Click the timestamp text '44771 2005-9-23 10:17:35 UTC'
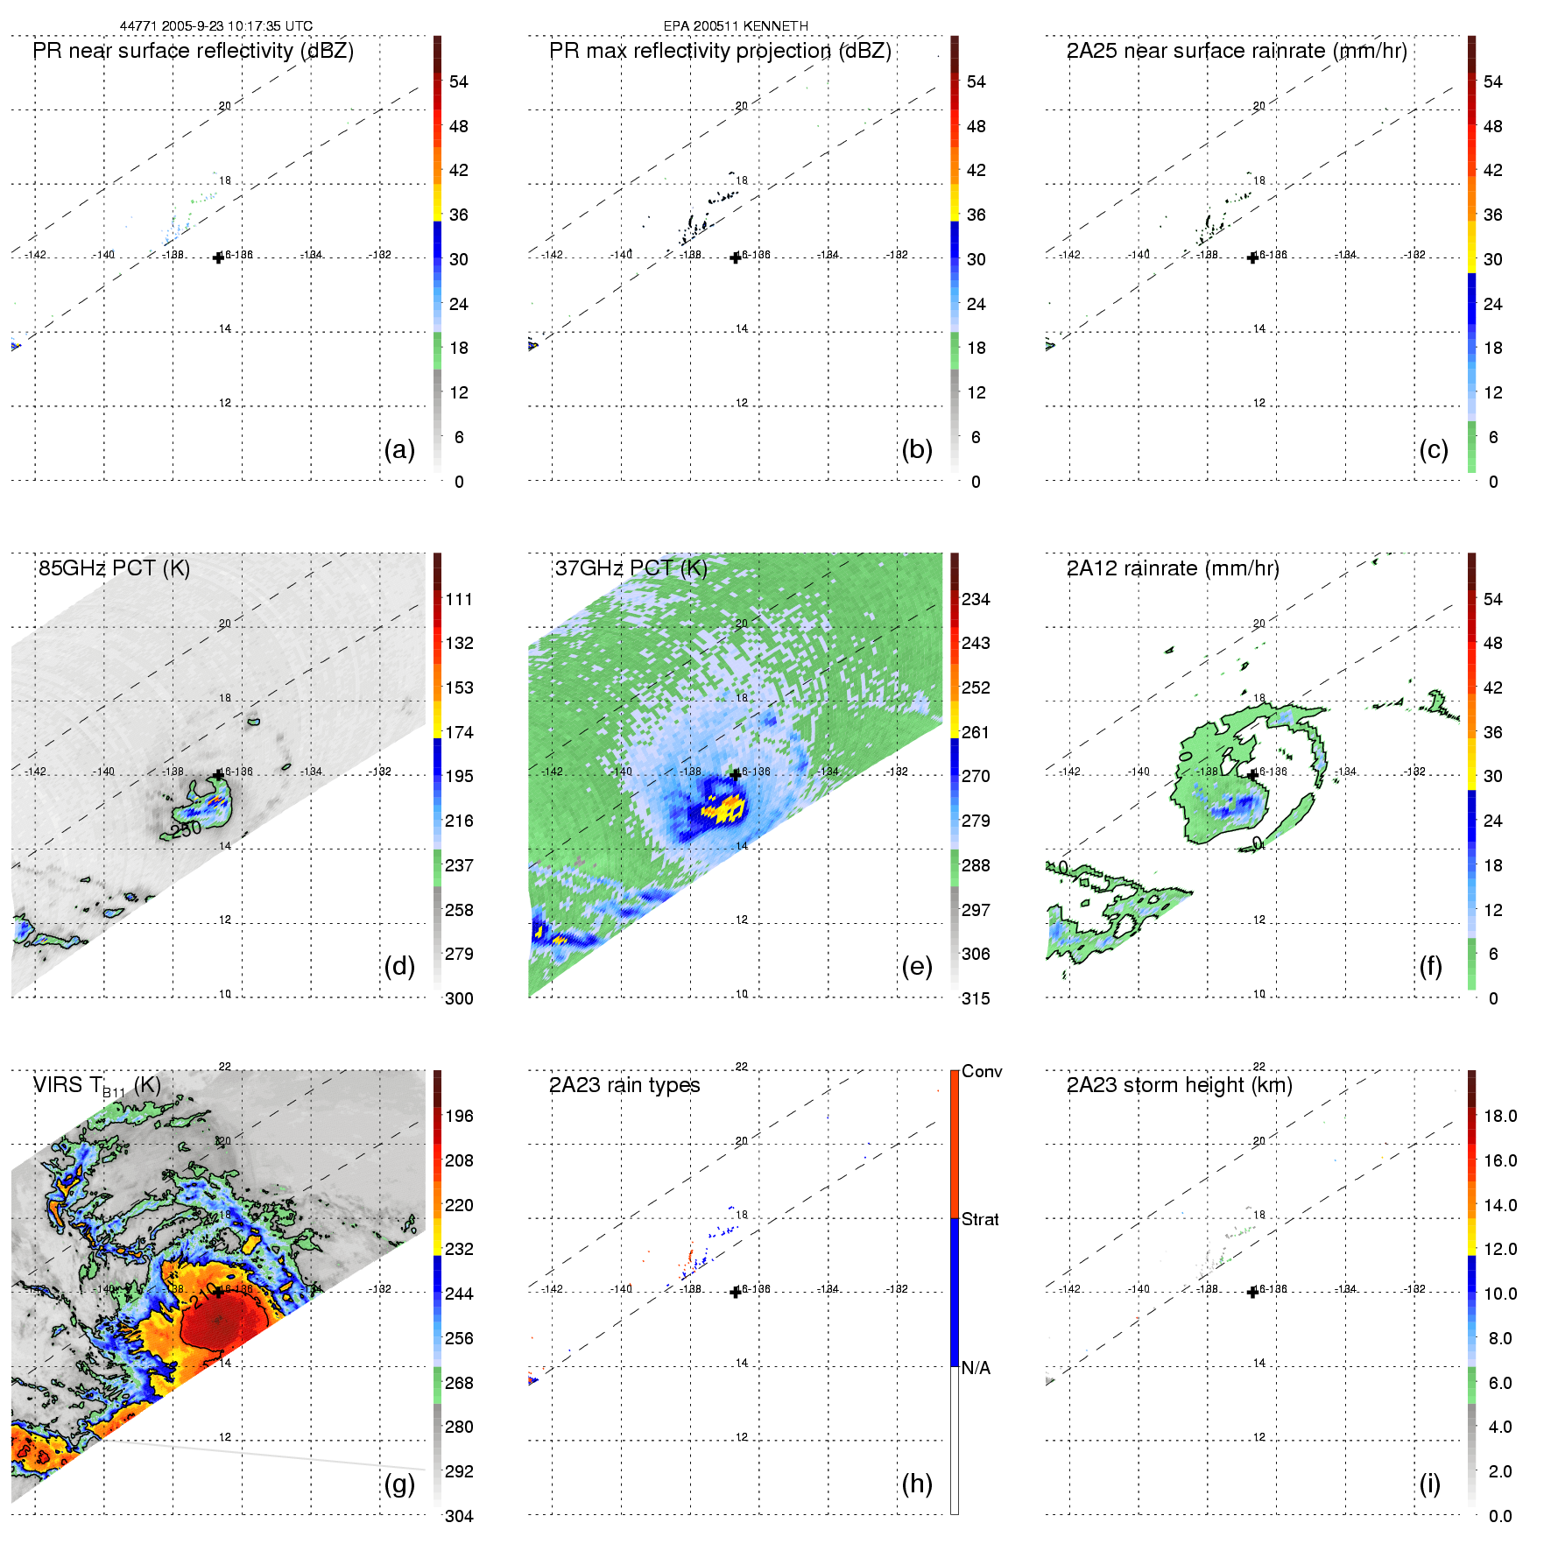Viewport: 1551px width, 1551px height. point(215,26)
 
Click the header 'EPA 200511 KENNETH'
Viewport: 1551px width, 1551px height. point(736,26)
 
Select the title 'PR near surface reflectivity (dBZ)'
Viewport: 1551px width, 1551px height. point(194,51)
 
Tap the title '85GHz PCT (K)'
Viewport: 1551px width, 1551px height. point(114,568)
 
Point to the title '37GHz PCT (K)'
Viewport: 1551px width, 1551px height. point(631,568)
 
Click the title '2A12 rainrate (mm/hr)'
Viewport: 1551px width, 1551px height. point(1173,568)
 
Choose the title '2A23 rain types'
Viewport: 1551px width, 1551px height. point(624,1085)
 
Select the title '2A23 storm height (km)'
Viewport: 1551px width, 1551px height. point(1179,1085)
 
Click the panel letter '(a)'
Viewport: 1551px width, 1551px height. point(399,450)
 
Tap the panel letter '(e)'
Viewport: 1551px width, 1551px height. point(917,967)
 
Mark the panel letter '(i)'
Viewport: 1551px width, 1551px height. point(1430,1484)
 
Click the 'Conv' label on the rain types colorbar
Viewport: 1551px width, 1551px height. point(982,1072)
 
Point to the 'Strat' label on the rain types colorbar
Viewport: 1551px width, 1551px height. point(980,1220)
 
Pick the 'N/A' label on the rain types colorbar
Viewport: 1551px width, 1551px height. point(976,1368)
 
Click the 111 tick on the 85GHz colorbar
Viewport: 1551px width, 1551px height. point(459,600)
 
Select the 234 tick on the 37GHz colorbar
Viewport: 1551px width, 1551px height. point(976,600)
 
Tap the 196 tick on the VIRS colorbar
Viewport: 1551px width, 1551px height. point(459,1117)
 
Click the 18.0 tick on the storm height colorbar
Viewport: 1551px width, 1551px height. point(1499,1117)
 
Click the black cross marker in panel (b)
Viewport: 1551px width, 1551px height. point(736,257)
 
